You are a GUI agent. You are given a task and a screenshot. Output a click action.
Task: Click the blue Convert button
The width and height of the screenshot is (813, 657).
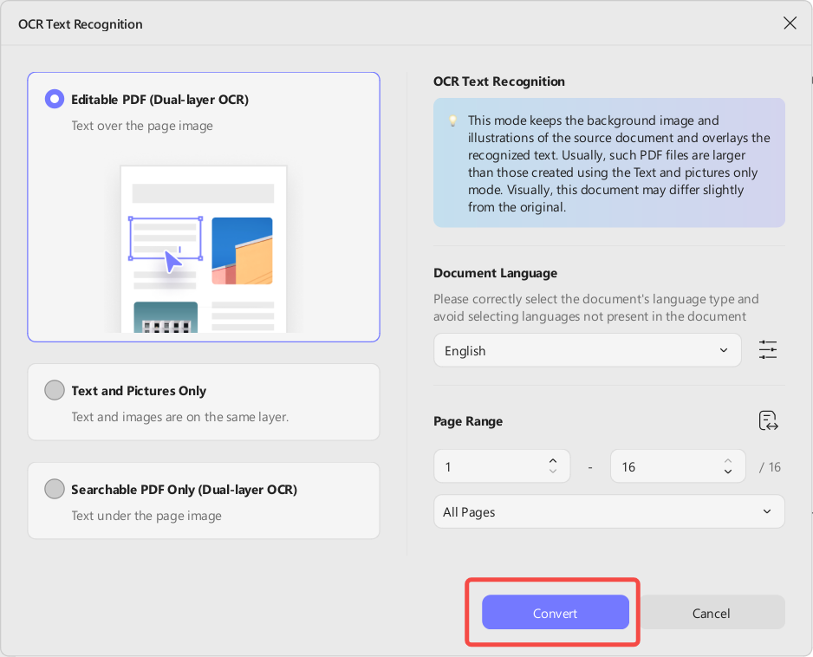[556, 613]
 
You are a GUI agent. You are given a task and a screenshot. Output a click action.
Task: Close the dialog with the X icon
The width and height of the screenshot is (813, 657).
[790, 23]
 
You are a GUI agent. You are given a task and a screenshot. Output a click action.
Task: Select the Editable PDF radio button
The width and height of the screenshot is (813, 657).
[55, 99]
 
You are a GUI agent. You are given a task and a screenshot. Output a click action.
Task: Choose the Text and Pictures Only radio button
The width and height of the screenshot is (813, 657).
[55, 390]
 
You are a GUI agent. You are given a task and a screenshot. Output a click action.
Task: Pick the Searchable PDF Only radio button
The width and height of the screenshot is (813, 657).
[55, 489]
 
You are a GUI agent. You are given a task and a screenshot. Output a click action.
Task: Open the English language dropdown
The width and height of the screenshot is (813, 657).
[588, 350]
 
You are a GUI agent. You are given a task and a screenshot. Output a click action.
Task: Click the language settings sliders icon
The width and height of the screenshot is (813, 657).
[768, 350]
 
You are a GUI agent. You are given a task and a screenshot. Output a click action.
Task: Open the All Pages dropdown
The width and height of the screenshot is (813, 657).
[609, 511]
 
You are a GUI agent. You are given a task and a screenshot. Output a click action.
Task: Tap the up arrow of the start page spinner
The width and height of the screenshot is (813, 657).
[553, 460]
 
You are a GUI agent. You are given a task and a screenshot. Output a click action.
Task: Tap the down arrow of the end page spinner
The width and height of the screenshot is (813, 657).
[728, 472]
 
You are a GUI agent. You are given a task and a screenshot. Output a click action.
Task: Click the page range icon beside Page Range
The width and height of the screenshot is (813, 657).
[768, 420]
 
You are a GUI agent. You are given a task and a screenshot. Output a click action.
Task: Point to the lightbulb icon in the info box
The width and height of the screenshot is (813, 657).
[452, 120]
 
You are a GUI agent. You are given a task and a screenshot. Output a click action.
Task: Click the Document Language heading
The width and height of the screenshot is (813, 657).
[495, 273]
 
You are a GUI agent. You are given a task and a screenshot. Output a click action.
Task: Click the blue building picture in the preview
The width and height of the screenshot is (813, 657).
[242, 251]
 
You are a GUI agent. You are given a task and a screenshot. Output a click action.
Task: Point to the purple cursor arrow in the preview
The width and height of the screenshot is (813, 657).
[172, 262]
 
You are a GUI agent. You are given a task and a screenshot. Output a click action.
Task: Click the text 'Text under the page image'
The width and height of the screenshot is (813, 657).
[146, 516]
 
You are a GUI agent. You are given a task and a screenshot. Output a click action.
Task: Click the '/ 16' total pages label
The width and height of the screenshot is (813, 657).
[770, 466]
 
